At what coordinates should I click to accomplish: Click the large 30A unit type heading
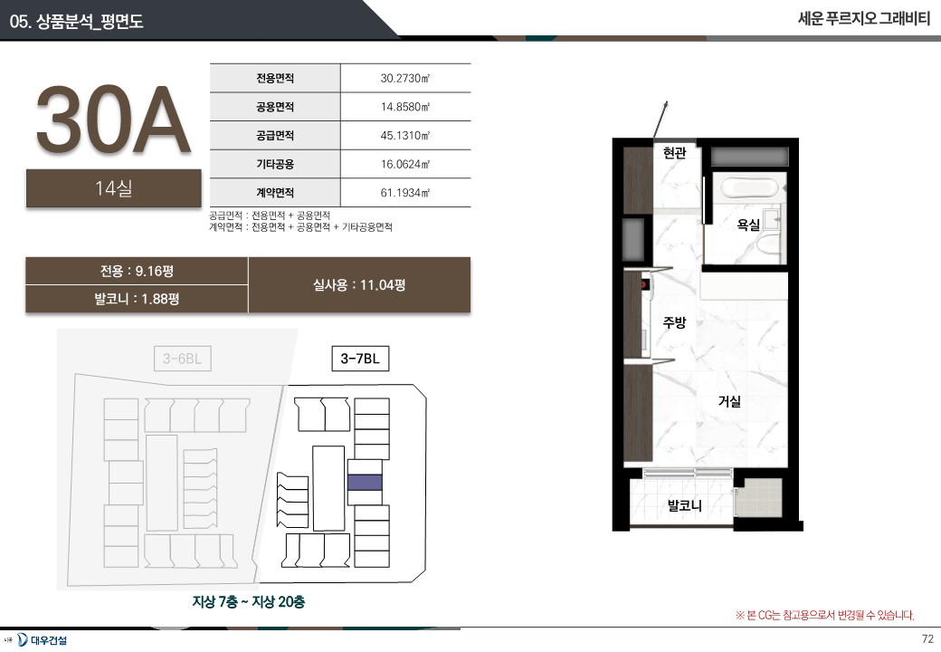point(113,120)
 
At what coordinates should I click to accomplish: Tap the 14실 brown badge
point(113,188)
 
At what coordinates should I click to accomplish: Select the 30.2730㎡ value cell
point(405,78)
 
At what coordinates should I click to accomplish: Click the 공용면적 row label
point(275,107)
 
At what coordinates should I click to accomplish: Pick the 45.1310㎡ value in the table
point(405,135)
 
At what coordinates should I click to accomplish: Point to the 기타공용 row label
point(275,164)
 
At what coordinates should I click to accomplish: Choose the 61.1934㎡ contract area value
point(405,193)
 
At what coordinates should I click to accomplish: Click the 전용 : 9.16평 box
point(137,271)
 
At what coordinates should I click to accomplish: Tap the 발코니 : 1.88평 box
point(137,299)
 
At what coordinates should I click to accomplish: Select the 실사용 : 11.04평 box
point(359,285)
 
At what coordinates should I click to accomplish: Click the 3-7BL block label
point(360,359)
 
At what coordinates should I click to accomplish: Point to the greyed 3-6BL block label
point(183,359)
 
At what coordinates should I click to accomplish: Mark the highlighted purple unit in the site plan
point(365,482)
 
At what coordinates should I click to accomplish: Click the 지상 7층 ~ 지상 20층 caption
point(249,601)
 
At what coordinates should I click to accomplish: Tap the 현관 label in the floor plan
point(675,152)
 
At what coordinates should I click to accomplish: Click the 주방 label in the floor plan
point(674,322)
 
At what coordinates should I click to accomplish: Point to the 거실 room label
point(730,401)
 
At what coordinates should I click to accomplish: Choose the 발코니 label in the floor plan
point(685,505)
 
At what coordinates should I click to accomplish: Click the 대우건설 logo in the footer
point(42,640)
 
